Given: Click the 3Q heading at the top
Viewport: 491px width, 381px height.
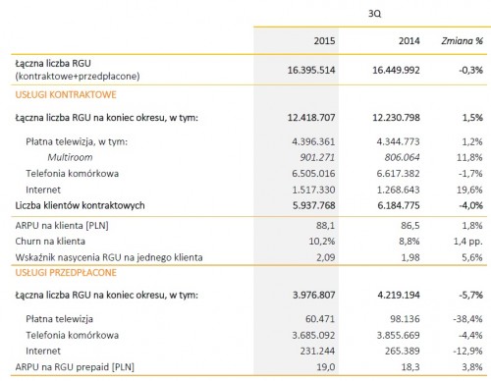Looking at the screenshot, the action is point(375,14).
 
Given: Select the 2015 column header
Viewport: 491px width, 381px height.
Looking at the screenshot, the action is point(324,40).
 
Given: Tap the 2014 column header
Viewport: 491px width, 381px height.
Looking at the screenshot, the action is point(409,40).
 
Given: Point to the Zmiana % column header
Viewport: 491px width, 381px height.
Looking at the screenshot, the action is point(463,40).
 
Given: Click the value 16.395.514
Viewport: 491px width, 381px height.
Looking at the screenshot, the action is point(311,70).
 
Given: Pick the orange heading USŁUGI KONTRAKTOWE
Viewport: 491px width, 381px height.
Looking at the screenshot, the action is point(66,94).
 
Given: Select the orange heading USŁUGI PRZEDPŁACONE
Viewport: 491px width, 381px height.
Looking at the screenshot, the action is point(66,273).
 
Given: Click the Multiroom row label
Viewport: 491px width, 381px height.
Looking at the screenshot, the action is point(70,157).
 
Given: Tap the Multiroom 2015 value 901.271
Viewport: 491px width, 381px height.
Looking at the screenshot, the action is point(317,157).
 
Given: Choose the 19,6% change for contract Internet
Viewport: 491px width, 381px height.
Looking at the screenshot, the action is point(469,190).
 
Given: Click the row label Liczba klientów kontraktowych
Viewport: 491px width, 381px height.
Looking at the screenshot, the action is point(80,205).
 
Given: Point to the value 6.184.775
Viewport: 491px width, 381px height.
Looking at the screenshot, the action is point(399,205).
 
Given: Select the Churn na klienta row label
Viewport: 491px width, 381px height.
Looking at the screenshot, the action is point(50,242).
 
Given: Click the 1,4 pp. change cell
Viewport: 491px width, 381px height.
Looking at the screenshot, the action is point(468,242).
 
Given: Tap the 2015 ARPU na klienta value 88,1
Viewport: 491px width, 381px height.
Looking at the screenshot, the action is point(325,226).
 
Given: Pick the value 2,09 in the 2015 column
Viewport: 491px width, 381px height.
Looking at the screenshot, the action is point(326,257).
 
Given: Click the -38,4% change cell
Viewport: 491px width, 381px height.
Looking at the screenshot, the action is point(468,319).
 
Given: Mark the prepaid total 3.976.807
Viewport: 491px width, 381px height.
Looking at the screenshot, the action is point(314,296).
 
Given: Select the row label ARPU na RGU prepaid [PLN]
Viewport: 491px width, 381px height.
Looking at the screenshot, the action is point(75,367).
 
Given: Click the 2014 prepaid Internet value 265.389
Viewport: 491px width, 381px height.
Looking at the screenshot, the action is point(403,352).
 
